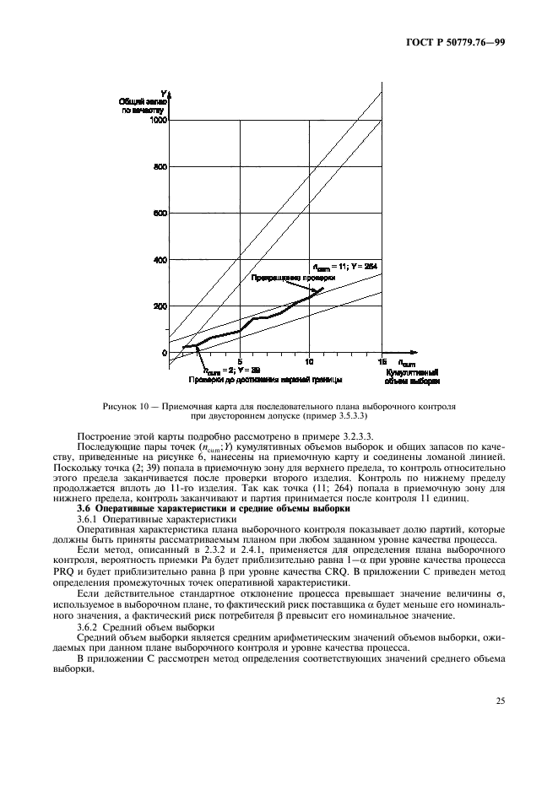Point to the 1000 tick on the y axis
[158, 121]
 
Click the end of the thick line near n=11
[322, 288]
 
